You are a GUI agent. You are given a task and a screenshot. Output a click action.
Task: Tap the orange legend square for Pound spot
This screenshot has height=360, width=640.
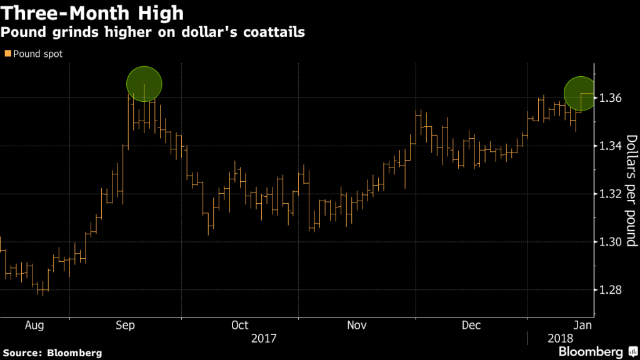[x=7, y=54]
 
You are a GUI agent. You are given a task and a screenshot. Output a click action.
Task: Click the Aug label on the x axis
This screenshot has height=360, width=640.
[x=35, y=325]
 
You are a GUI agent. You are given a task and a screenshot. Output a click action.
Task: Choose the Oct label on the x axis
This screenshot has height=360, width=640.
[x=239, y=325]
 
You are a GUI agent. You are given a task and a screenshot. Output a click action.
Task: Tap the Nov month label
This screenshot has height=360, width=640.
[x=356, y=325]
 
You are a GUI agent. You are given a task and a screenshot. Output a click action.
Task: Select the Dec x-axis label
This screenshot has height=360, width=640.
[x=471, y=325]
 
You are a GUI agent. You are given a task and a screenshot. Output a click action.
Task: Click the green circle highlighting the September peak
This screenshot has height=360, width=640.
[x=144, y=83]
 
